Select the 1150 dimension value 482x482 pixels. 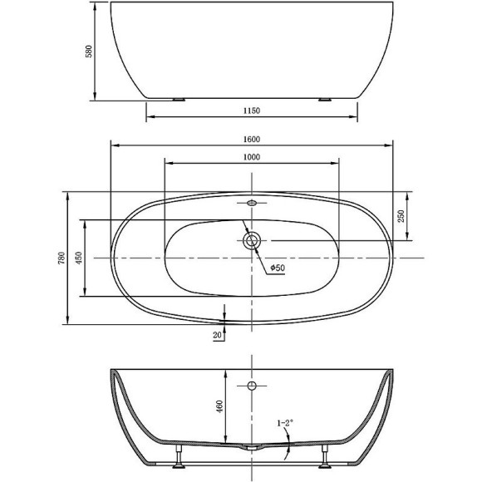252,110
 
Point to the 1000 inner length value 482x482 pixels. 252,157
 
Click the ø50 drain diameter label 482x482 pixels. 277,268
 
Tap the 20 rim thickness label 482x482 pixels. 217,334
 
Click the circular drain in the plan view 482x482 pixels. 252,241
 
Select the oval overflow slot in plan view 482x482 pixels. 252,202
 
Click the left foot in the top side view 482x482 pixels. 178,99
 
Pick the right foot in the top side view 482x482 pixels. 324,99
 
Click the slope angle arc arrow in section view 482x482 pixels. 287,450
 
